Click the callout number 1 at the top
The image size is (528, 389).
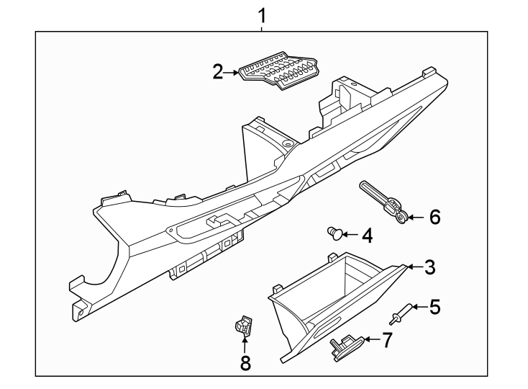263,14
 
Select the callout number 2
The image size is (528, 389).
218,72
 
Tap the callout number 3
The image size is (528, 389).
429,268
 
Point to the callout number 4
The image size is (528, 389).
366,235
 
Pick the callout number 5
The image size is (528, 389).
434,308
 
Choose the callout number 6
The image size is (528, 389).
434,216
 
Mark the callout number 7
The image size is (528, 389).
387,341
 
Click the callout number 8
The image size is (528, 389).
245,363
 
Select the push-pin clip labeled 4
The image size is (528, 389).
334,232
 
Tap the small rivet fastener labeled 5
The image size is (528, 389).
399,314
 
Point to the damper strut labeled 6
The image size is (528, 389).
385,202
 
